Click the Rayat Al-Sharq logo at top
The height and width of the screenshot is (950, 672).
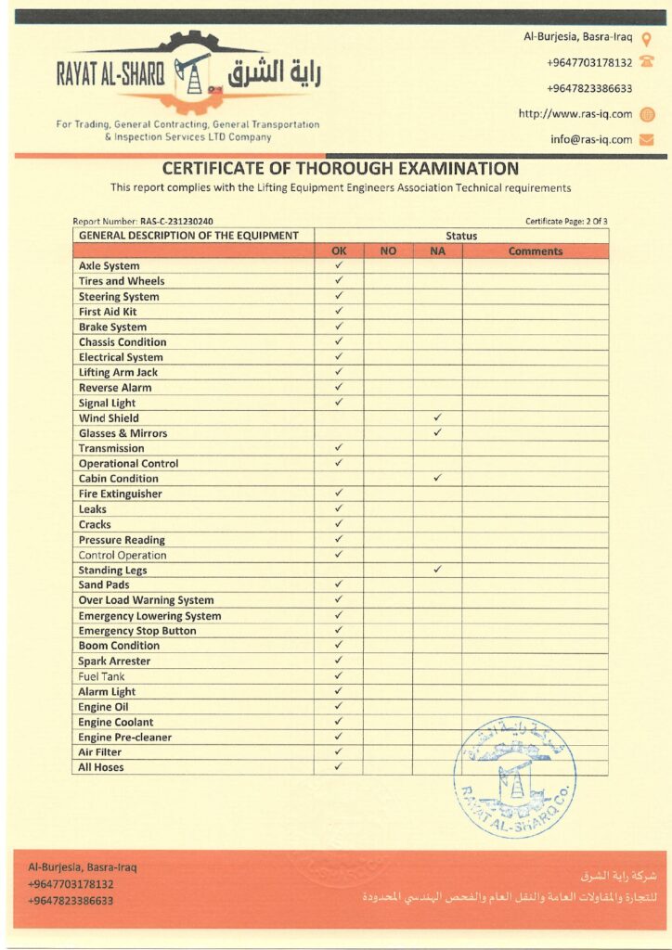tap(189, 74)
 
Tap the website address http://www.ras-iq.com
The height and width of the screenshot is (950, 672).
tap(575, 114)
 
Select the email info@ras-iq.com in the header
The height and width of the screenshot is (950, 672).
tap(590, 140)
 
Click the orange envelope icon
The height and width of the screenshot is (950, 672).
tap(647, 140)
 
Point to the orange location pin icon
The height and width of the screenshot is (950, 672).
tap(647, 38)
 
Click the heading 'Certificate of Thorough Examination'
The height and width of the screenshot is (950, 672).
tap(340, 169)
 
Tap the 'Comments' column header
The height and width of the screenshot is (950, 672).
tap(535, 251)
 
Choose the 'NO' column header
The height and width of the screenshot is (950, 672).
tap(388, 251)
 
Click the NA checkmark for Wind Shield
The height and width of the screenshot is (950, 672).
tap(437, 417)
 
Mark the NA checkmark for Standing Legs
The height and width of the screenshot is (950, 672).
tap(437, 570)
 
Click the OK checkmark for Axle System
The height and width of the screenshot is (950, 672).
tap(339, 265)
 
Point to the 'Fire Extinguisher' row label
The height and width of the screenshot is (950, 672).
tap(120, 494)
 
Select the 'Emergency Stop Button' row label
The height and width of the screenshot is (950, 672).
tap(137, 631)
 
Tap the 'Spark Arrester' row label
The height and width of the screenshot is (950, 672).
tap(114, 661)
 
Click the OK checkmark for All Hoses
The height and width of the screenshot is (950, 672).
tap(339, 767)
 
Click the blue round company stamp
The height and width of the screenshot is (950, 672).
tap(514, 776)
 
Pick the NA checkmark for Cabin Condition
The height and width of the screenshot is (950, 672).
tap(437, 478)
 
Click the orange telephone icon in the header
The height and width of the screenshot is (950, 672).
tap(647, 63)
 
